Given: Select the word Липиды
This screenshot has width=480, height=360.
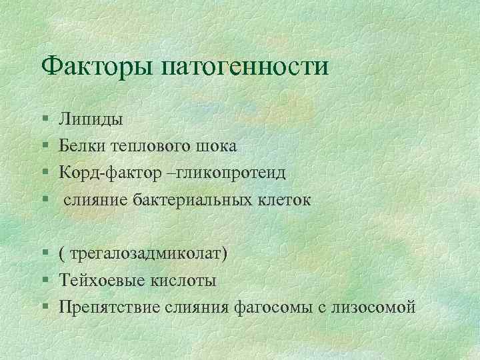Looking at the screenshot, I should (90, 120).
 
